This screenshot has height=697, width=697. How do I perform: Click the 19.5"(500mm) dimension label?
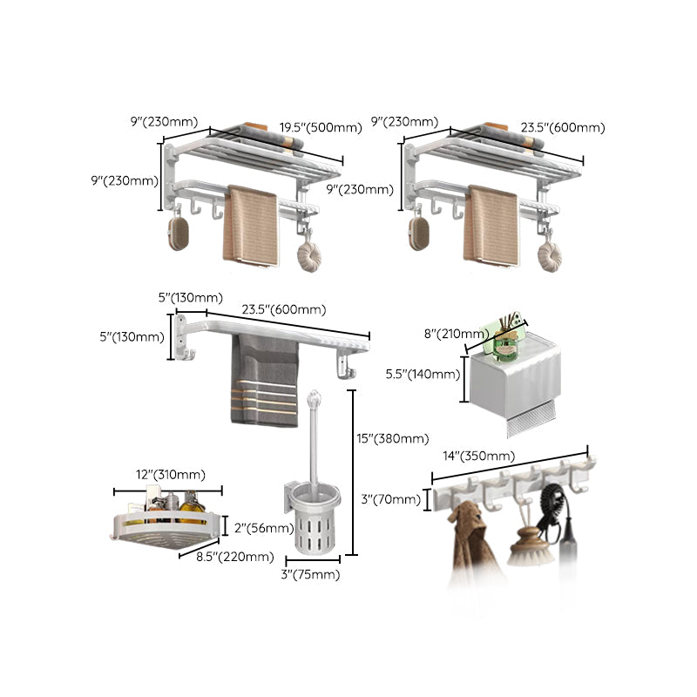pos(320,127)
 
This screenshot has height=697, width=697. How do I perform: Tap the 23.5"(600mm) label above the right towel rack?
pos(562,127)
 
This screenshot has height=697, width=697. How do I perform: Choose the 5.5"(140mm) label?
pos(423,374)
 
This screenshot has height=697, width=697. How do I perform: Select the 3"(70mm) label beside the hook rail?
pos(391,499)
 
